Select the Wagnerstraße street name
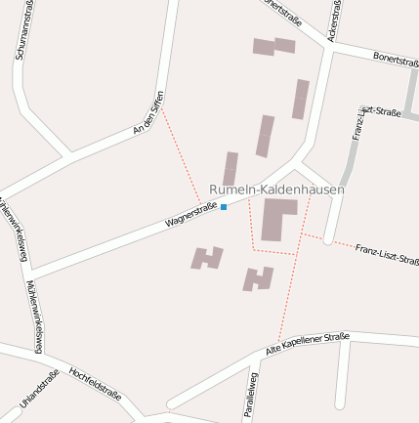(x=190, y=215)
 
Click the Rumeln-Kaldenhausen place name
(x=276, y=189)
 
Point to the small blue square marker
(x=224, y=207)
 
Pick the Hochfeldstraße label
(x=95, y=384)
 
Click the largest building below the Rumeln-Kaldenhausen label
(x=277, y=218)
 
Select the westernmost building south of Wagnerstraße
(x=206, y=258)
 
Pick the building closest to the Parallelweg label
(x=258, y=278)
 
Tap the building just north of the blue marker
(x=230, y=168)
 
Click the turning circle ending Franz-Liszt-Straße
(x=328, y=238)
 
